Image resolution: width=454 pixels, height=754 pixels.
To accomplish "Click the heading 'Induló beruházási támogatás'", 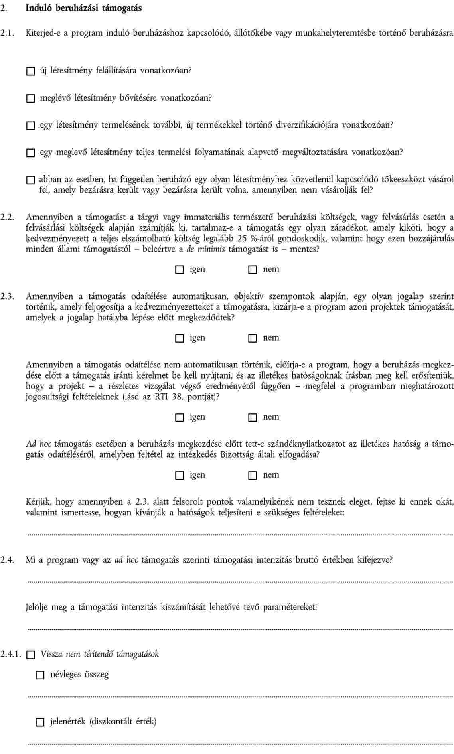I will (83, 8).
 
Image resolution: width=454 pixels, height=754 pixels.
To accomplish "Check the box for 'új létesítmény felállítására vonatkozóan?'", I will (31, 71).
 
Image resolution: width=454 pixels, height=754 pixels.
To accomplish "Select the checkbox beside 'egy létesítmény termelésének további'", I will (31, 126).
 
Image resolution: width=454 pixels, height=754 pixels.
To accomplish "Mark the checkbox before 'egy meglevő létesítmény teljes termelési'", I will (31, 153).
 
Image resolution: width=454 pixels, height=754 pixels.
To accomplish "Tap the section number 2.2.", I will (8, 217).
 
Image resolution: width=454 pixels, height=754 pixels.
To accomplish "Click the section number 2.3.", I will (8, 296).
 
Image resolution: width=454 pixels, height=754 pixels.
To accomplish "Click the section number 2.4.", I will (8, 560).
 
